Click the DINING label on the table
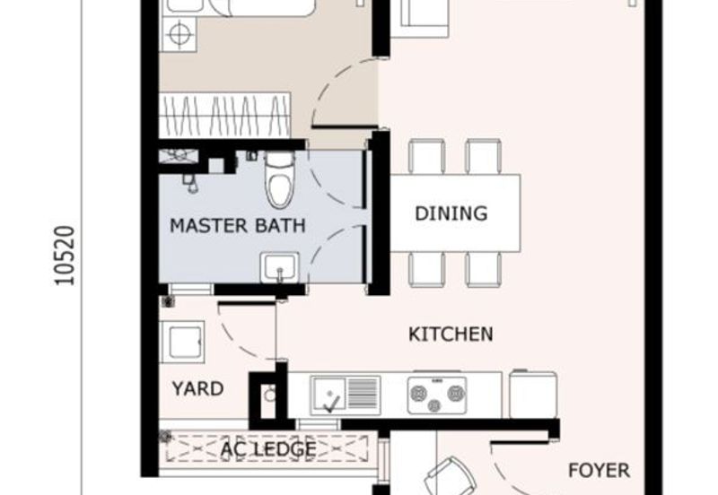pyautogui.click(x=451, y=213)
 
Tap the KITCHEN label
pyautogui.click(x=451, y=334)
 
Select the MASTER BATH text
pyautogui.click(x=237, y=226)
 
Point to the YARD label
pyautogui.click(x=197, y=389)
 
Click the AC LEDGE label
pyautogui.click(x=268, y=448)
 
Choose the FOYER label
pyautogui.click(x=599, y=470)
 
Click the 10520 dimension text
pyautogui.click(x=65, y=256)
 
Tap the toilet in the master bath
pyautogui.click(x=280, y=180)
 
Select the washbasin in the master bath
pyautogui.click(x=279, y=267)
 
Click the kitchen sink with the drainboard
pyautogui.click(x=346, y=395)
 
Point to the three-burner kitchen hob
pyautogui.click(x=437, y=395)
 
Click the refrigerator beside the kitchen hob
pyautogui.click(x=533, y=394)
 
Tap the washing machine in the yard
pyautogui.click(x=181, y=343)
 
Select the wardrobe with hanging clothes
pyautogui.click(x=224, y=115)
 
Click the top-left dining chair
pyautogui.click(x=426, y=156)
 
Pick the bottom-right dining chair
pyautogui.click(x=483, y=269)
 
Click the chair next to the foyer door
pyautogui.click(x=451, y=476)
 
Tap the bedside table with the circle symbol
pyautogui.click(x=179, y=34)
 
